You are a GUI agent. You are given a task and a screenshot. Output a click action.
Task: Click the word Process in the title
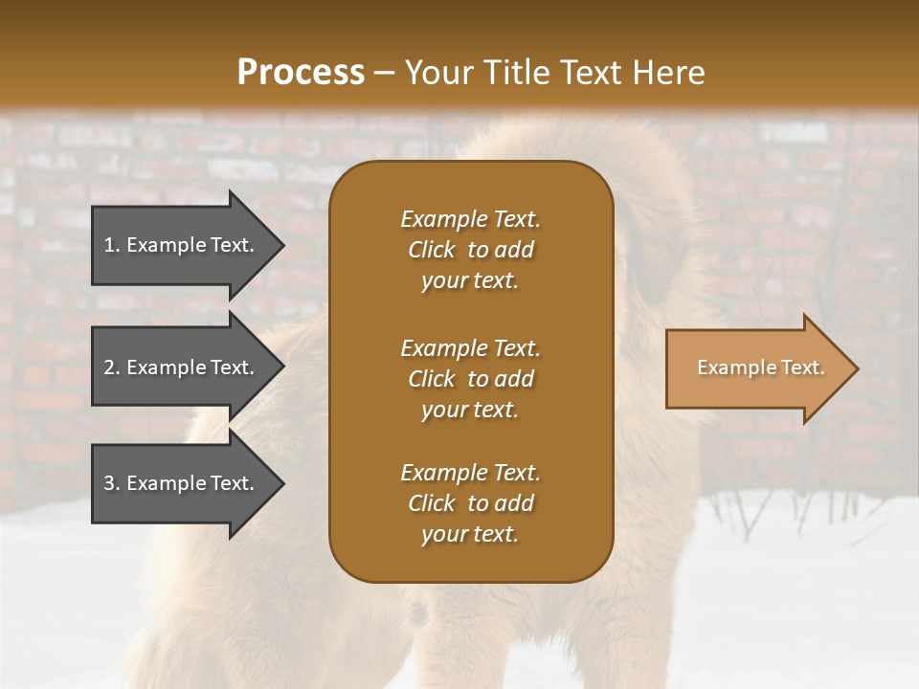pyautogui.click(x=301, y=73)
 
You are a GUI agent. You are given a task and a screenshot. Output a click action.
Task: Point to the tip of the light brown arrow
pyautogui.click(x=857, y=368)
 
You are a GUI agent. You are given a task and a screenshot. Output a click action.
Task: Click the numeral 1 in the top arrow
pyautogui.click(x=109, y=245)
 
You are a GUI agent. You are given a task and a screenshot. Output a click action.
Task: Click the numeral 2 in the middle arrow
pyautogui.click(x=109, y=367)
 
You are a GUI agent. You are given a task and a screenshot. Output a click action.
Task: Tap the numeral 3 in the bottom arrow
pyautogui.click(x=109, y=483)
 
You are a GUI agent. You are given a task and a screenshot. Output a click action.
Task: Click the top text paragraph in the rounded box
pyautogui.click(x=470, y=250)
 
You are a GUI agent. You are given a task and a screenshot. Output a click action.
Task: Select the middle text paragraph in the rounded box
pyautogui.click(x=470, y=379)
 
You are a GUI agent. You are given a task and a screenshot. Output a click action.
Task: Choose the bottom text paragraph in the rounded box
pyautogui.click(x=470, y=503)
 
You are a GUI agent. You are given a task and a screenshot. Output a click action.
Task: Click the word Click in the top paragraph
pyautogui.click(x=431, y=250)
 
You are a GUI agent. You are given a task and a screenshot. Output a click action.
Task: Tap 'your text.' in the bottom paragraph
pyautogui.click(x=470, y=534)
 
